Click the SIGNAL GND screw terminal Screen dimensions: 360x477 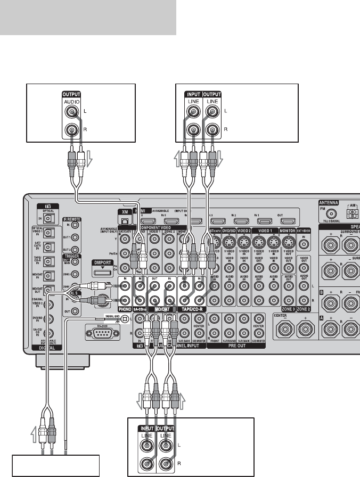tap(124, 319)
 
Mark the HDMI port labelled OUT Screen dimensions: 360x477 tap(289, 220)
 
